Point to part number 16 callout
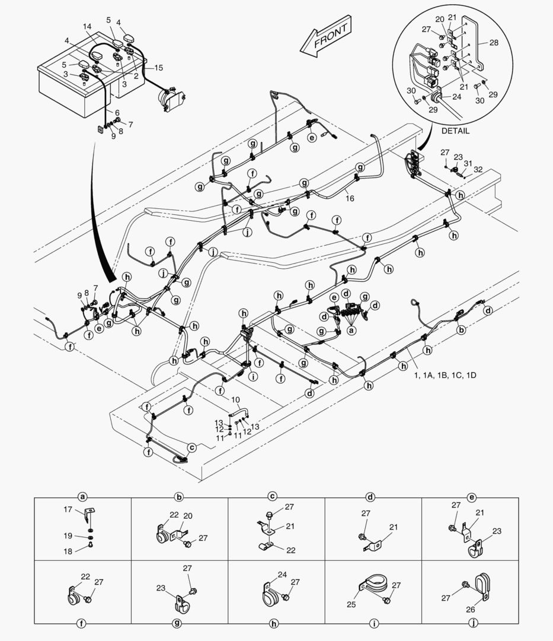click(350, 198)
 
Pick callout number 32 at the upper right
click(477, 169)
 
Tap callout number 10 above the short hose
click(235, 399)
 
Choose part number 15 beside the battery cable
click(158, 68)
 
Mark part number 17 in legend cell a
click(68, 509)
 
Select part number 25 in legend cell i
click(350, 605)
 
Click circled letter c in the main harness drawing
click(191, 448)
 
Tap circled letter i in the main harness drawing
click(253, 376)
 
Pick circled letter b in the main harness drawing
click(461, 329)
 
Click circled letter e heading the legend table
click(471, 497)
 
